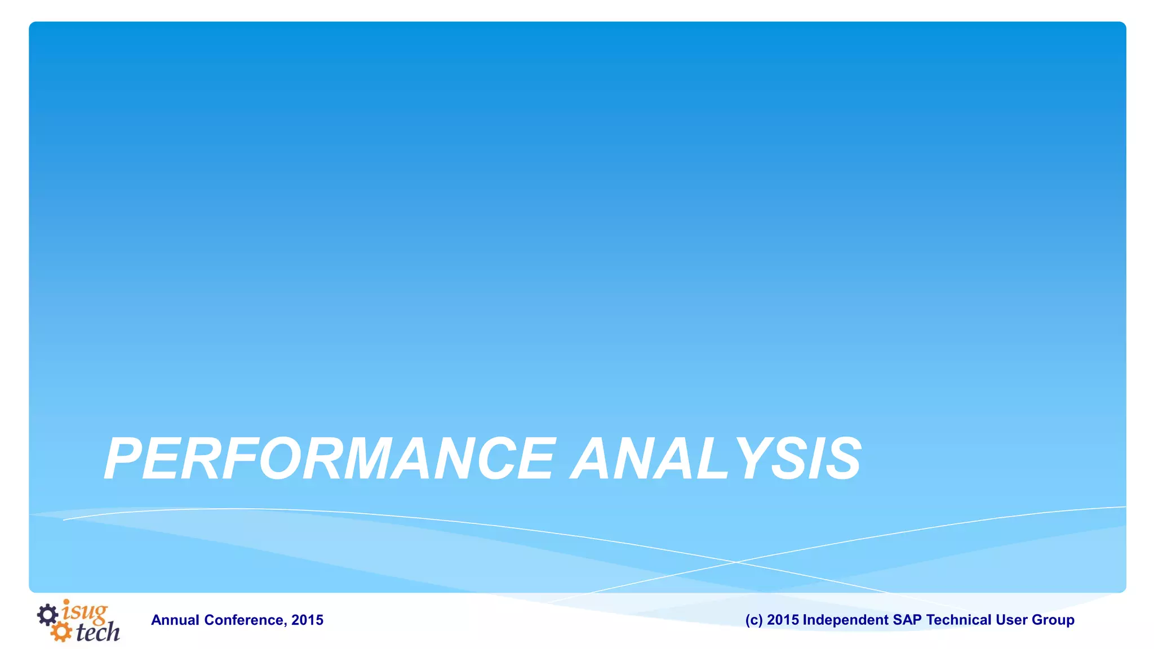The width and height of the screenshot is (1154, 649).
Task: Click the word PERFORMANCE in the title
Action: click(330, 459)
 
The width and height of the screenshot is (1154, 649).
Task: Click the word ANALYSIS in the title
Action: click(716, 459)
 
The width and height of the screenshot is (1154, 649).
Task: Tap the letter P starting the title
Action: click(123, 459)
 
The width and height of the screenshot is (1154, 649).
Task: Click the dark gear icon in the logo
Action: click(48, 615)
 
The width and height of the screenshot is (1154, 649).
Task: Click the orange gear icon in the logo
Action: click(61, 631)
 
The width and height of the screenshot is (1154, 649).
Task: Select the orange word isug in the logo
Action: click(85, 611)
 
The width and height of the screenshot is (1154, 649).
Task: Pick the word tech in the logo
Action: click(97, 632)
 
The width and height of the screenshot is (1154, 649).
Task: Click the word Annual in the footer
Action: click(175, 620)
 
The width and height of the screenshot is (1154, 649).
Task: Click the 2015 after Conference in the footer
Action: click(308, 620)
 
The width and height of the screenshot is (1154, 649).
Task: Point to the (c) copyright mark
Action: click(754, 620)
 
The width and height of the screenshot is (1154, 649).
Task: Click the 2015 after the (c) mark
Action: click(783, 620)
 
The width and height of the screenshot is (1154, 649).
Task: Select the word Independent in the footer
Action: click(845, 620)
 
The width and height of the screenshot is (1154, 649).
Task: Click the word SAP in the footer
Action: click(907, 620)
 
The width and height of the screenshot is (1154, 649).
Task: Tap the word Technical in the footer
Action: click(958, 620)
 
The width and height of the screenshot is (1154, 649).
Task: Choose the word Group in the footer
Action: click(1053, 620)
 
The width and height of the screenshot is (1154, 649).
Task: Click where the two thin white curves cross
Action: click(735, 562)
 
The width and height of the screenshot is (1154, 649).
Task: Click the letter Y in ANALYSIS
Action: click(747, 459)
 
